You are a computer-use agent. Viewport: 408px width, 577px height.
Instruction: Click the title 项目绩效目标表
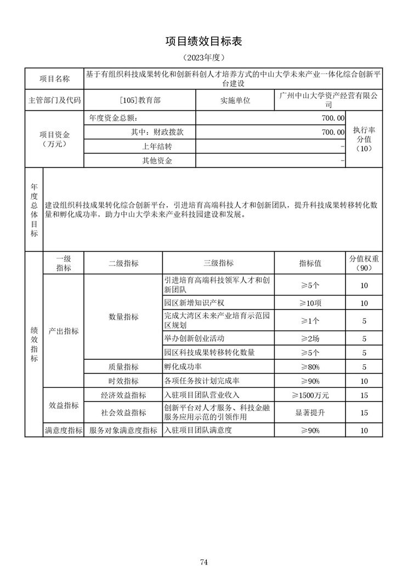tap(203, 42)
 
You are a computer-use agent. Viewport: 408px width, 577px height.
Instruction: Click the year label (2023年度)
tap(203, 57)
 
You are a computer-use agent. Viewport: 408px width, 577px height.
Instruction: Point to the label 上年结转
tap(157, 146)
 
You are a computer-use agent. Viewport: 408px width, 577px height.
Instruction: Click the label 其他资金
tap(157, 161)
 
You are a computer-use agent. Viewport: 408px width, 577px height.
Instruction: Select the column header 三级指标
tap(218, 263)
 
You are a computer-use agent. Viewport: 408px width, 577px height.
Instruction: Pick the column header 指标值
tap(310, 263)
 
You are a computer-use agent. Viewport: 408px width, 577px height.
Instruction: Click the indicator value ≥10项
tap(310, 303)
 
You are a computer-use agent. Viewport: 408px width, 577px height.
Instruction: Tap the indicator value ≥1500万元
tap(310, 395)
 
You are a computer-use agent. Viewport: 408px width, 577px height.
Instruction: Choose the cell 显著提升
tap(310, 412)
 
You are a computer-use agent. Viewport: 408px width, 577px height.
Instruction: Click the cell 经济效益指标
tap(123, 395)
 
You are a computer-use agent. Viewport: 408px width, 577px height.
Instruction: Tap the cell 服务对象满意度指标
tap(123, 431)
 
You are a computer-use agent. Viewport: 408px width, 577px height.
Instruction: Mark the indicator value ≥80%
tap(310, 367)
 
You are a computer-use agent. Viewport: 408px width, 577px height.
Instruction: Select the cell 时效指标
tap(123, 381)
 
